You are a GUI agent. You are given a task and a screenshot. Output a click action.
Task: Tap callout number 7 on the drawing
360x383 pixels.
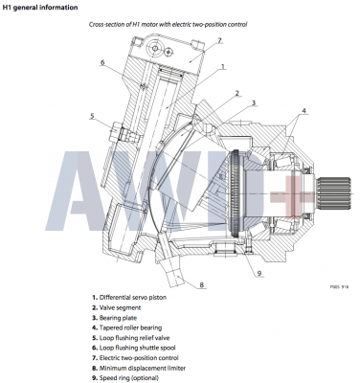218,40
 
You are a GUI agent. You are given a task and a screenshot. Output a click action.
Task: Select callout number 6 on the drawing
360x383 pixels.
102,63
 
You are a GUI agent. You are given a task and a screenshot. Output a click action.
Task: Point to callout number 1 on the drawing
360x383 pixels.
222,68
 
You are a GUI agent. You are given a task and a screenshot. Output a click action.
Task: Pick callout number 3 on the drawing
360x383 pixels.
254,102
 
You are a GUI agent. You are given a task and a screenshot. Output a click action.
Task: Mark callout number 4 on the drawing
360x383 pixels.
304,111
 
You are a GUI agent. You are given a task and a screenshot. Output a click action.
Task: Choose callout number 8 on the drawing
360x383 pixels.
202,285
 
